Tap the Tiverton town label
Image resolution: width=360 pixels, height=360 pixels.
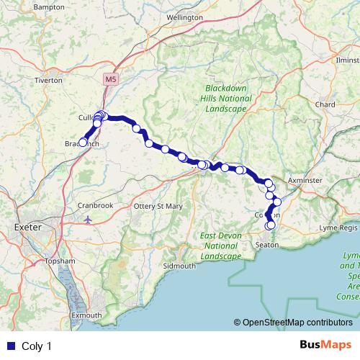pos(49,81)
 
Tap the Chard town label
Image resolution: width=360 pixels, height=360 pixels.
pos(325,104)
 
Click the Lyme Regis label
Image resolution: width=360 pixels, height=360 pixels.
pos(338,227)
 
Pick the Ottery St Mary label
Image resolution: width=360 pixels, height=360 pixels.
pos(160,206)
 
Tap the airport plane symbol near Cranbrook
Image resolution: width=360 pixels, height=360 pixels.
pos(88,219)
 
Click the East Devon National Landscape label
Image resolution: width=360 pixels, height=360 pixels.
pos(221,246)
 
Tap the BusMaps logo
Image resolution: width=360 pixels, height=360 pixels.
pos(325,346)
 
